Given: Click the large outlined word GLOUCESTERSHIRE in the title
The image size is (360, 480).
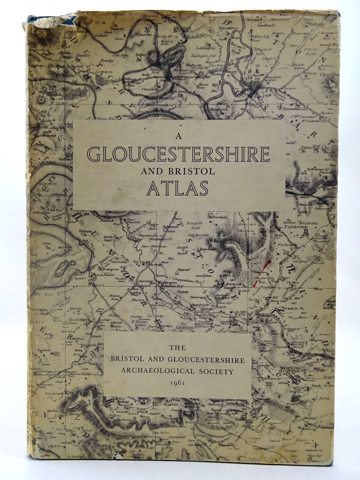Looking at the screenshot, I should pyautogui.click(x=179, y=153).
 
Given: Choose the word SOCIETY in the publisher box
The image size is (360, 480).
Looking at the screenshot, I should pyautogui.click(x=219, y=371).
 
